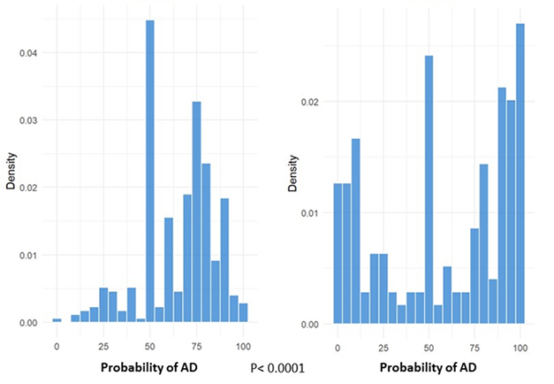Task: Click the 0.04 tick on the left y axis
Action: pos(28,53)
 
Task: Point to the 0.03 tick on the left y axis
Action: pos(28,120)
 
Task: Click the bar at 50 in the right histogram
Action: pos(429,190)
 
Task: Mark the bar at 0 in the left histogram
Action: pos(57,320)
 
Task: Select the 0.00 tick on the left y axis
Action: pos(28,323)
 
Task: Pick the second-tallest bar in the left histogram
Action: pos(196,212)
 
